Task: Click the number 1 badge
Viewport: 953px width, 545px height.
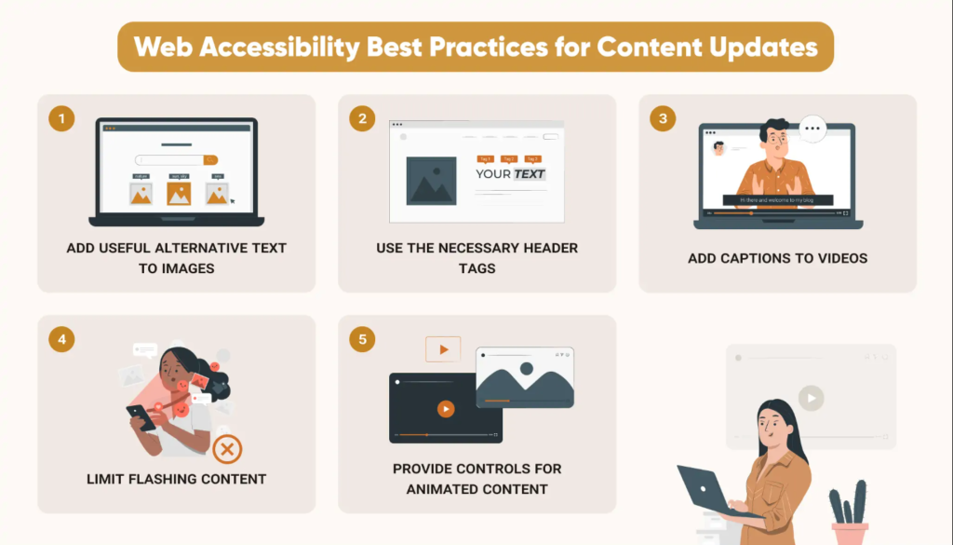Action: tap(61, 119)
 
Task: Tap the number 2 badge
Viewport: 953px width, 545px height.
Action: tap(362, 119)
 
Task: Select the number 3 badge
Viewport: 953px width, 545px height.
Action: tap(663, 119)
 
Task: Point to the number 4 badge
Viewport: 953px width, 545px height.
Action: tap(61, 339)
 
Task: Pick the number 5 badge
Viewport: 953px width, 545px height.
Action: tap(362, 339)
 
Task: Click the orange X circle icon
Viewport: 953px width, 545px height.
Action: tap(227, 449)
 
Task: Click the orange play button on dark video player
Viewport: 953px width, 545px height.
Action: tap(446, 409)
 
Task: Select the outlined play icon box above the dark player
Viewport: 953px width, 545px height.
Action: tap(443, 349)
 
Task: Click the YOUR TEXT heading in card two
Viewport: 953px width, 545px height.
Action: tap(510, 173)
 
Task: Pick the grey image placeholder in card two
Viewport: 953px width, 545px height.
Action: tap(431, 181)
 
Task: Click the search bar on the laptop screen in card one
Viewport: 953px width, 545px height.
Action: tap(176, 160)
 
